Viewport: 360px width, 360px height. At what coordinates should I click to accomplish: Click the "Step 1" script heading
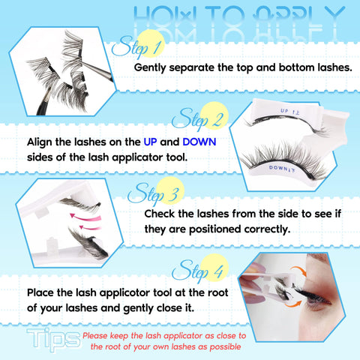[136, 46]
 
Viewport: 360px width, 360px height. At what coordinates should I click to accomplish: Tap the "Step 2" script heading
[197, 118]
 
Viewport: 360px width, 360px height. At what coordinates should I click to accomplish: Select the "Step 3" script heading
[153, 193]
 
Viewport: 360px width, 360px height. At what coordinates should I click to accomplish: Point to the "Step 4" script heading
[197, 271]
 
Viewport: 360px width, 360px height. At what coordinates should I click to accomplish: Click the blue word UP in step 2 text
[150, 142]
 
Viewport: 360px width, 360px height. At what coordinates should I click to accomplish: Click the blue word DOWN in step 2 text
[199, 142]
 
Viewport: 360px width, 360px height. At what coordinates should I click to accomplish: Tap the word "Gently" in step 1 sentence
[149, 68]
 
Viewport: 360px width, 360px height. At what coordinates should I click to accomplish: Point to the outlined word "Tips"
[53, 339]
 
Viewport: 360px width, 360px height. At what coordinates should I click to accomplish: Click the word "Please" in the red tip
[95, 336]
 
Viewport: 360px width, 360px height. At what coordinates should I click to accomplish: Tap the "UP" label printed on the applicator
[283, 110]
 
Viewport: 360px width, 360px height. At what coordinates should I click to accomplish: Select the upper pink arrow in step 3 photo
[85, 217]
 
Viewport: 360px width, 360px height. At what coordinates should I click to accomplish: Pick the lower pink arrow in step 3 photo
[90, 227]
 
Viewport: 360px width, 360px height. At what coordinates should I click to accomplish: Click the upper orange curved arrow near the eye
[299, 271]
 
